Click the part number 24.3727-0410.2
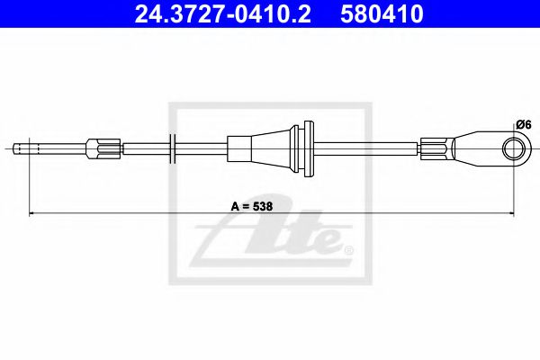(x=222, y=13)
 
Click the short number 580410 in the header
(x=382, y=13)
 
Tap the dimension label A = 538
(x=252, y=206)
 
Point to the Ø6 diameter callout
(x=524, y=124)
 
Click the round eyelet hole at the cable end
(x=514, y=148)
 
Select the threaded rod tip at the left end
(x=22, y=148)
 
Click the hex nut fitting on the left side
(x=103, y=148)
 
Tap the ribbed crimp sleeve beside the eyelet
(x=436, y=148)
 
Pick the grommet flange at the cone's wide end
(x=302, y=148)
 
